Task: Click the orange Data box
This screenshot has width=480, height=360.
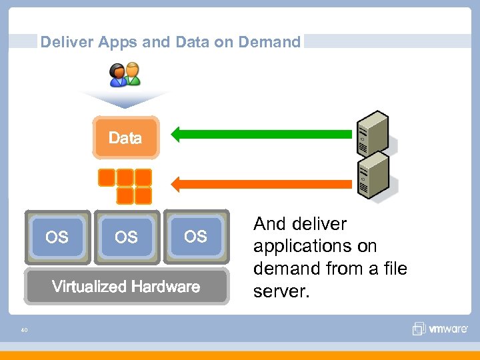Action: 125,138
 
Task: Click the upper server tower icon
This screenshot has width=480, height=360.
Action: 373,131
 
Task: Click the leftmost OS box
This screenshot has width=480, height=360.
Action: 57,237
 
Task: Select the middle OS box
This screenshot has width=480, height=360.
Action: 126,237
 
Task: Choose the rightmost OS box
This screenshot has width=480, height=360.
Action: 195,236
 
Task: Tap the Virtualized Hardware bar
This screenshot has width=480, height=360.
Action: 126,287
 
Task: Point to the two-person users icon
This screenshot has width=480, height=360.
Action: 125,75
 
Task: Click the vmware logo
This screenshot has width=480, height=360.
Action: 440,329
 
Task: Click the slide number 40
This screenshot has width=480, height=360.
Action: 24,329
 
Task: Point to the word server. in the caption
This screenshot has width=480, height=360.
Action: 281,291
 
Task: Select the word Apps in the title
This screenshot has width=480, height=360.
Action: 119,43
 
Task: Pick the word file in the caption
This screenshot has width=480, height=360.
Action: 393,269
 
